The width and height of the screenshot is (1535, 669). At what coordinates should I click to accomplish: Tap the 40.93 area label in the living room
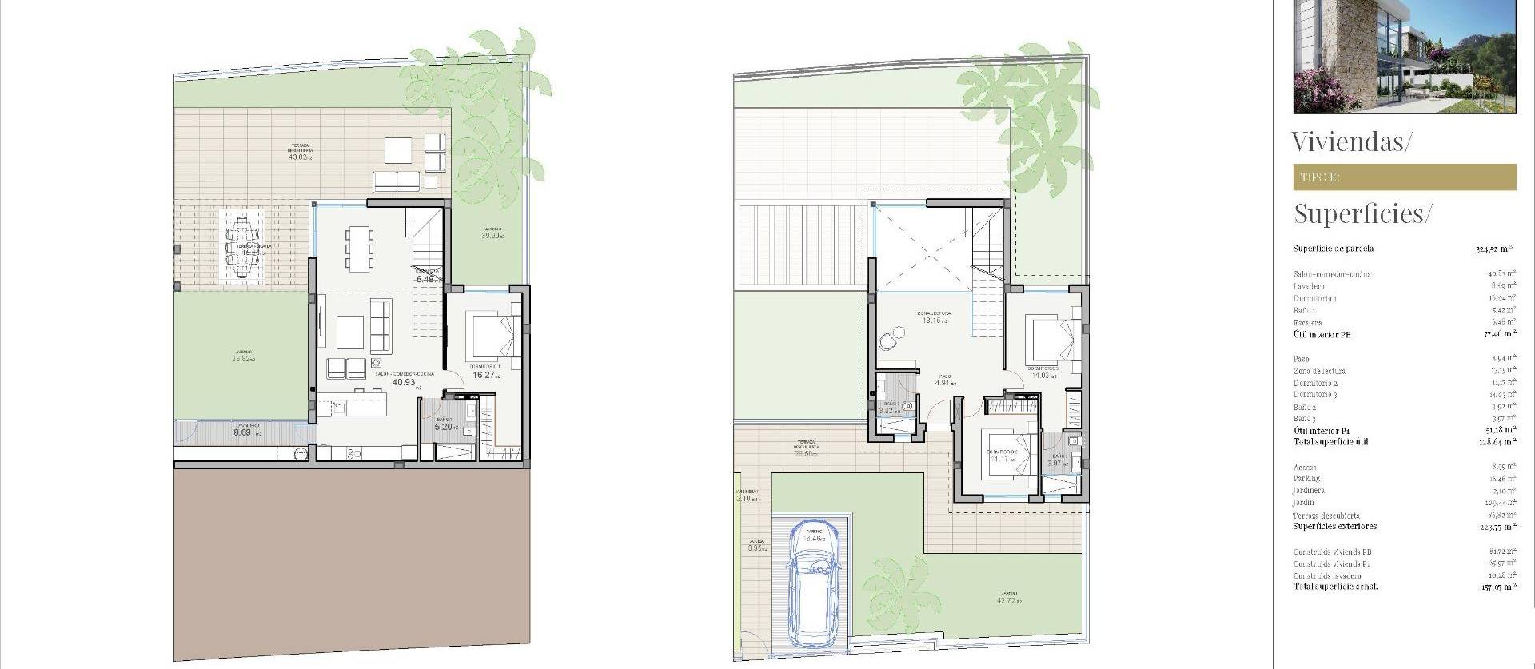(x=404, y=383)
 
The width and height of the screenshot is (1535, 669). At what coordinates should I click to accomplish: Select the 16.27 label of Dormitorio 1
(x=484, y=375)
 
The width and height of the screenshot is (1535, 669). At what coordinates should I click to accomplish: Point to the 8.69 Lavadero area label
(x=242, y=433)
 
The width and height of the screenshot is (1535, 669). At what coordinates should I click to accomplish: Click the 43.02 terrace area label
(x=298, y=157)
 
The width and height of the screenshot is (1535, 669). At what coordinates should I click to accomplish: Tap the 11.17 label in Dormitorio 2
(x=999, y=460)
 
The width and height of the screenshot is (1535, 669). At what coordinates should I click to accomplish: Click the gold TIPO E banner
(x=1404, y=177)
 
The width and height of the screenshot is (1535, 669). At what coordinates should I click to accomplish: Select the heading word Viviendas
(x=1351, y=142)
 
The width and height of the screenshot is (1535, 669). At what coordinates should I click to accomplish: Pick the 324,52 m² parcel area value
(x=1493, y=249)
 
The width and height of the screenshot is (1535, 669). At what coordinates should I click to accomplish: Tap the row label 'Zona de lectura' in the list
(x=1319, y=371)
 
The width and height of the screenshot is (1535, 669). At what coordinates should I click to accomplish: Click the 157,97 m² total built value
(x=1494, y=587)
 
